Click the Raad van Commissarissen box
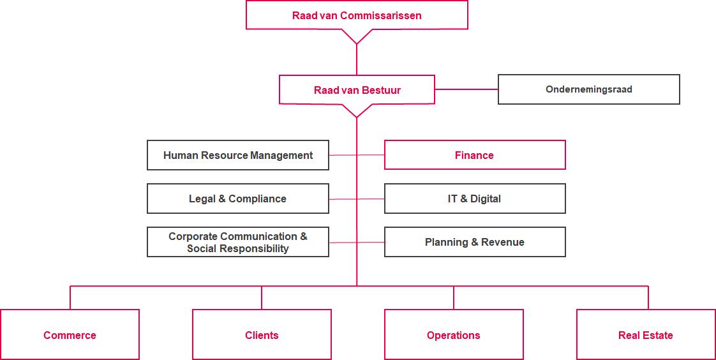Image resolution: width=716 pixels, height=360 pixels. tap(357, 15)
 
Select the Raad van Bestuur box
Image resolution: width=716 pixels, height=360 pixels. tap(357, 90)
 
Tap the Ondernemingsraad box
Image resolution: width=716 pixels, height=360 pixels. tap(588, 89)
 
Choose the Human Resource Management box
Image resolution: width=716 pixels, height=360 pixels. tap(238, 155)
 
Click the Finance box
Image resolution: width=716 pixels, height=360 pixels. tap(474, 155)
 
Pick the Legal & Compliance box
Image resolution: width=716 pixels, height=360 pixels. tap(238, 199)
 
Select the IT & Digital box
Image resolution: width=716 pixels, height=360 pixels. tap(474, 199)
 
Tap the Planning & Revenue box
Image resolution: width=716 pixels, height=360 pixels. tap(474, 242)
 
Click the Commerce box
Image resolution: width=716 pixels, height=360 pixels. tap(70, 335)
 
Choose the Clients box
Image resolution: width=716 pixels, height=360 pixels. tap(262, 335)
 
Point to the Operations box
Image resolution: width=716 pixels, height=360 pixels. tap(453, 335)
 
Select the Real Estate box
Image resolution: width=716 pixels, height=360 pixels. tap(645, 335)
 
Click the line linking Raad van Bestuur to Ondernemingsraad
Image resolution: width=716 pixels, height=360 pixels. tap(466, 89)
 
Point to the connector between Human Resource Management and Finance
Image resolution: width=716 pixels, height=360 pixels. tap(345, 155)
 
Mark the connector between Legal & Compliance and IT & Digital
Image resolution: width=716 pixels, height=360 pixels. tap(345, 199)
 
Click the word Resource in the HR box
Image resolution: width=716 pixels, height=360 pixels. tap(224, 155)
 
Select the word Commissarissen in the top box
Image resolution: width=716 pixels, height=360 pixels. tap(381, 15)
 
